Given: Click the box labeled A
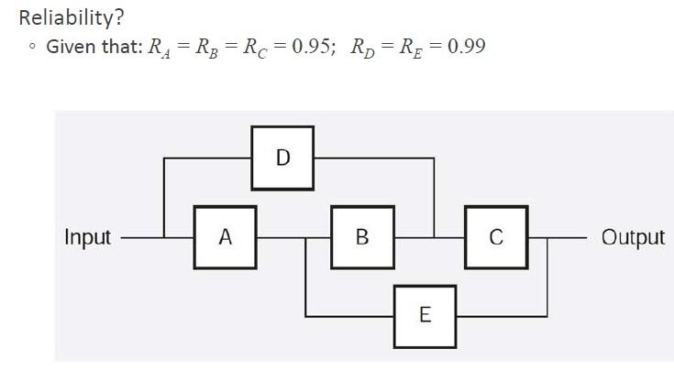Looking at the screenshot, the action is (x=225, y=237).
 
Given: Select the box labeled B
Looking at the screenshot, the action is (x=361, y=237).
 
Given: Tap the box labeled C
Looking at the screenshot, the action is (x=495, y=237).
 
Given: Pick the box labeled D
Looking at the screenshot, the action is (x=282, y=158).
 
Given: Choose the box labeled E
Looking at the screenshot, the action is (x=425, y=316).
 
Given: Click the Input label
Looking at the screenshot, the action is (x=87, y=237).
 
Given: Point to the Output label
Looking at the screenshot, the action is (x=633, y=237).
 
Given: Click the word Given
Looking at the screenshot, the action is (x=72, y=47).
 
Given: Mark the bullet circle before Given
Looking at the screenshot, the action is (x=32, y=48).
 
